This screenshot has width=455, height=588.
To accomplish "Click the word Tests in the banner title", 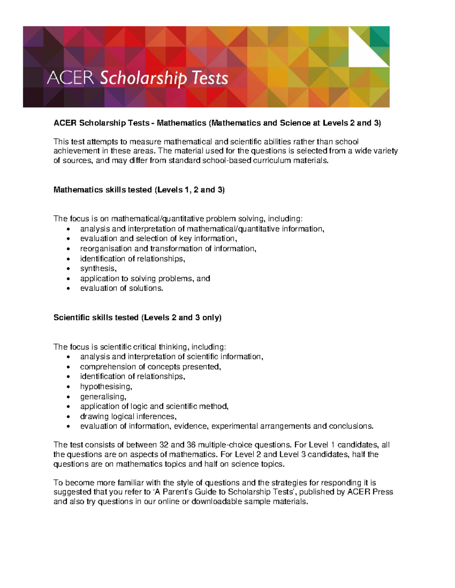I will point(210,78).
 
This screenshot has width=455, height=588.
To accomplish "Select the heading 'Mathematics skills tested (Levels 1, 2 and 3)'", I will point(139,190).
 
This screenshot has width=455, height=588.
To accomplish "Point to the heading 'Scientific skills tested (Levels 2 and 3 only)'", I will point(138,318).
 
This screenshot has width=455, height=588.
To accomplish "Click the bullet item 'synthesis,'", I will point(98,268).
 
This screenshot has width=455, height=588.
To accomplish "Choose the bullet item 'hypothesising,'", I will point(106,387).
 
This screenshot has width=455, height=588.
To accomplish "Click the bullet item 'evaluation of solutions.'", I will point(122,288).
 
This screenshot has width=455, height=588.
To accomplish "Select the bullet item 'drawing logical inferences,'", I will point(128,416).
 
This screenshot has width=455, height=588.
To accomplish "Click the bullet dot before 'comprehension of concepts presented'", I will point(68,367).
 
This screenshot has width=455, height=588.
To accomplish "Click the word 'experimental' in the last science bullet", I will point(234,426).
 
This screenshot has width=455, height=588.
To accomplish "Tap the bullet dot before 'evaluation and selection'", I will point(68,239).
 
